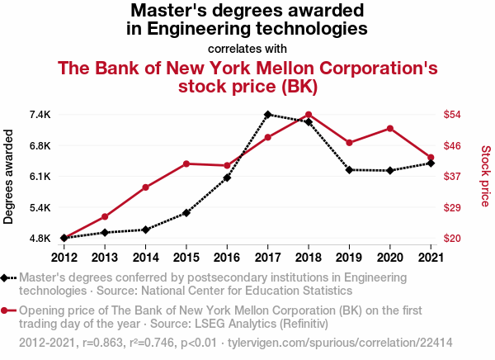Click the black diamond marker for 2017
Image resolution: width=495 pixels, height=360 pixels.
(268, 115)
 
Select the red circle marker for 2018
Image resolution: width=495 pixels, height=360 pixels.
(309, 115)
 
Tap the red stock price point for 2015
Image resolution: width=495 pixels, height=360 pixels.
(186, 163)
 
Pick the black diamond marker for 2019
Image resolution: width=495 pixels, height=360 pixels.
(349, 170)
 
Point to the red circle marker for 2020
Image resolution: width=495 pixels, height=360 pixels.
(389, 128)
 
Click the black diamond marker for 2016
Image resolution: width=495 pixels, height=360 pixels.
(227, 178)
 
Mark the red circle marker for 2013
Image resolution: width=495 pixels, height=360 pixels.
(105, 216)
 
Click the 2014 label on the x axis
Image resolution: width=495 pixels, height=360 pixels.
(145, 256)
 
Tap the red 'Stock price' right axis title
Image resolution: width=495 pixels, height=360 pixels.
(486, 177)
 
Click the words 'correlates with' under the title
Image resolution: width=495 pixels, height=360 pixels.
(247, 49)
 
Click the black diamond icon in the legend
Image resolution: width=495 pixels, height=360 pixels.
(6, 278)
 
